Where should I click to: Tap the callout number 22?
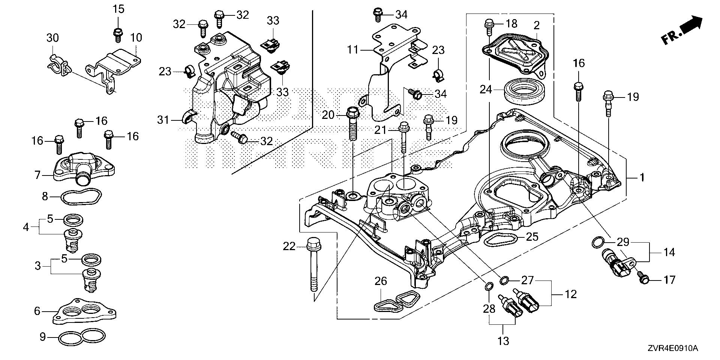(289, 246)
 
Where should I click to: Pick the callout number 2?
(537, 25)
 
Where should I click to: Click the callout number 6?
(37, 310)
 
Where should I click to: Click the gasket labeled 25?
(501, 239)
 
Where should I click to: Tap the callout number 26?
(381, 281)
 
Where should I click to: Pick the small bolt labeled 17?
(643, 279)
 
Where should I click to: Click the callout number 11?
(353, 49)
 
